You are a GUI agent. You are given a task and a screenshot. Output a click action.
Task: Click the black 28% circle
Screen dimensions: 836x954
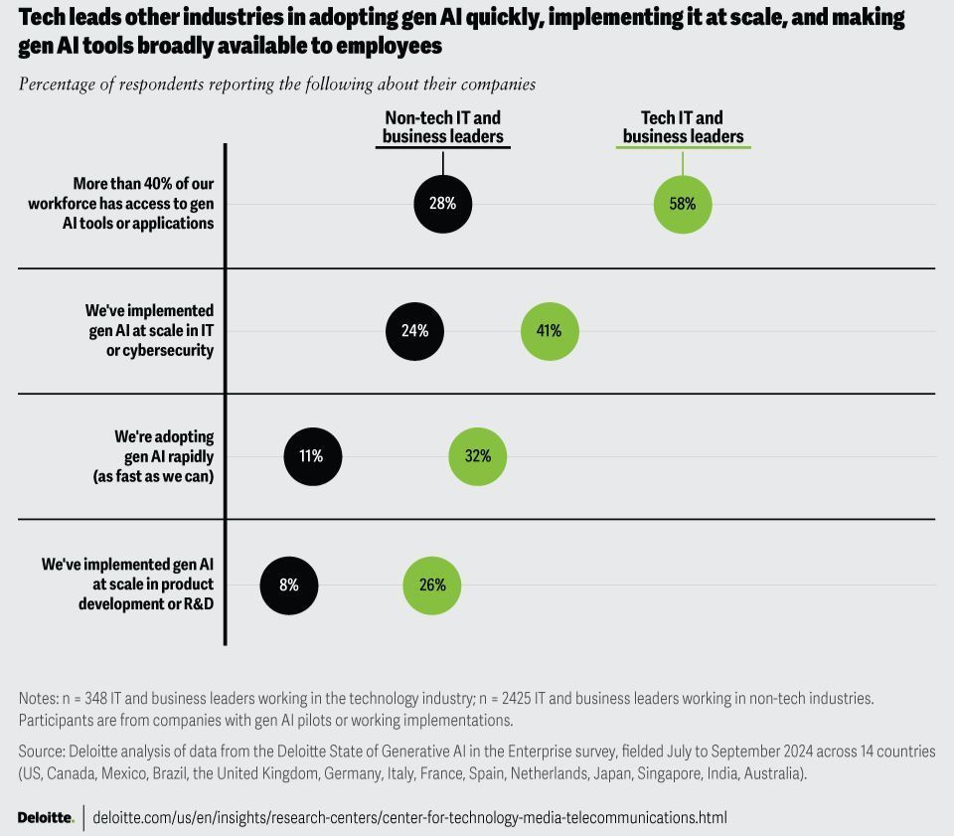tap(442, 204)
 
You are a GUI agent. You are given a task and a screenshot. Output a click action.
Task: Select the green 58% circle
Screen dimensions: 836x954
tap(683, 204)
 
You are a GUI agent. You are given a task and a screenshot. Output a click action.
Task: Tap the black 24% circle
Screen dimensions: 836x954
tap(414, 331)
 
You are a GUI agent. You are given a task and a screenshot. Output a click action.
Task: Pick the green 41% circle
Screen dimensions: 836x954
tap(550, 331)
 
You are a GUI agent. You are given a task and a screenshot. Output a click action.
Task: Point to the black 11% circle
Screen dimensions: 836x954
tap(311, 456)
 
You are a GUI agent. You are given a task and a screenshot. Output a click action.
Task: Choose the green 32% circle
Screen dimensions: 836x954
tap(478, 456)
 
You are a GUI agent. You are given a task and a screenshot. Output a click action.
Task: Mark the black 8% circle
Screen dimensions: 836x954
tap(289, 585)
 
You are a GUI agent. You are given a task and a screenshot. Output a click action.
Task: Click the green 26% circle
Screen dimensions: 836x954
tap(432, 585)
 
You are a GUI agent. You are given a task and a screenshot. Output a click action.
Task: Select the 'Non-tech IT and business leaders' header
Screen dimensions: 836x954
tap(443, 127)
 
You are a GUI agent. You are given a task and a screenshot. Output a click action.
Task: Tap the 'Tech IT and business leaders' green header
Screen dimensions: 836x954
tap(683, 127)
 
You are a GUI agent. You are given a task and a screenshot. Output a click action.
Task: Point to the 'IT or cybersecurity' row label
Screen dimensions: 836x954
tap(151, 331)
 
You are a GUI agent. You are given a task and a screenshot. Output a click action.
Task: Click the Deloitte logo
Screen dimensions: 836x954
tap(46, 817)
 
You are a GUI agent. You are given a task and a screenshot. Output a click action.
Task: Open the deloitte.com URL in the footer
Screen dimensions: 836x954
tap(409, 817)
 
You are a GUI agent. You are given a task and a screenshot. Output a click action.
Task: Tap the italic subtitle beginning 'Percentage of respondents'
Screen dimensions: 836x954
tap(277, 84)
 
